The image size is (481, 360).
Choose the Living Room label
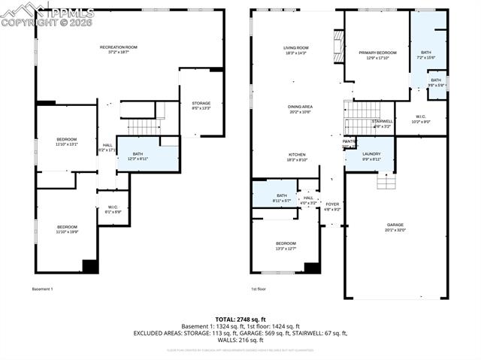(296, 50)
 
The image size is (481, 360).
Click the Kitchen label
(296, 156)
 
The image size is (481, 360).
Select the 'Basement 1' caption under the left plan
(42, 289)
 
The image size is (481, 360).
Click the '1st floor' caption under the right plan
(259, 289)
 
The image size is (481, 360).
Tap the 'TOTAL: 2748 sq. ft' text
(241, 319)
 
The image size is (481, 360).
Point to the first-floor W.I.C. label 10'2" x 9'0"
(421, 119)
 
